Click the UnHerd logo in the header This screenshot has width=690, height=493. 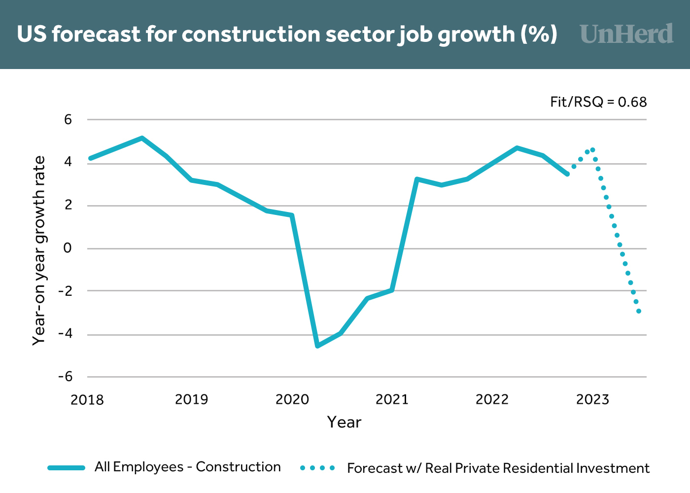coord(626,34)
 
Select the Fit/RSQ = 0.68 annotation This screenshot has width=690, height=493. coord(598,102)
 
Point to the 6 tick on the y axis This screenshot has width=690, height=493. coord(68,120)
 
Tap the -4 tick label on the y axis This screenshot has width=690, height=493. coord(65,334)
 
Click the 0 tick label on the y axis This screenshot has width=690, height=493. coord(68,248)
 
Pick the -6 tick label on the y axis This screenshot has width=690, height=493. coord(65,377)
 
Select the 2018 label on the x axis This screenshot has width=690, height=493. coord(87,399)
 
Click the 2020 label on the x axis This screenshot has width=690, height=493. coord(292,399)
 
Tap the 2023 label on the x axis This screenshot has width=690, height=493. coord(592,399)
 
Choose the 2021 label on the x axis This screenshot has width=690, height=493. coord(392,399)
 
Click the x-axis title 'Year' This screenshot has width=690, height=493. coord(344,423)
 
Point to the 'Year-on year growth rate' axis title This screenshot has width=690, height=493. coord(39,250)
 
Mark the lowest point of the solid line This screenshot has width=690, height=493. coord(317,346)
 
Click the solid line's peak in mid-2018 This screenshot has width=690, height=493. coord(142,138)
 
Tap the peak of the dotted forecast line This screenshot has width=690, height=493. coord(592,150)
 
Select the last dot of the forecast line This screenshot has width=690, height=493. coord(639,311)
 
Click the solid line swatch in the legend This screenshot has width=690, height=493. coord(67,468)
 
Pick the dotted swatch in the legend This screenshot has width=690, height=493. coord(317,468)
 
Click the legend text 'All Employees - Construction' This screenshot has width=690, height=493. coord(188,467)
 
